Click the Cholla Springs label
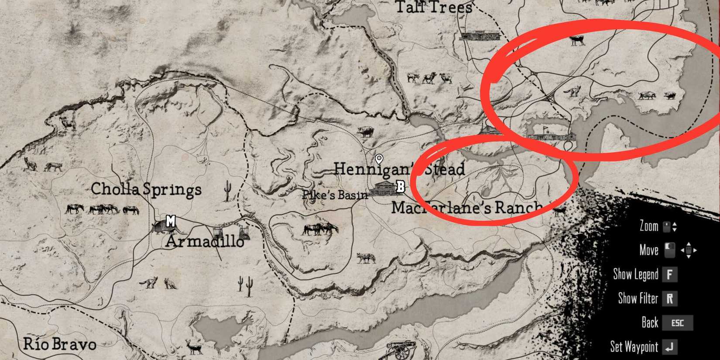click(x=146, y=189)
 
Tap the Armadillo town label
click(x=204, y=241)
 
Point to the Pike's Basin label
click(x=335, y=195)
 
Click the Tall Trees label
click(x=434, y=7)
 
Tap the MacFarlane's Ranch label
click(x=466, y=207)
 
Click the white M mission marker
click(x=171, y=221)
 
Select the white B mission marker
click(x=400, y=187)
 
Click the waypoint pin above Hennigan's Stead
click(x=379, y=159)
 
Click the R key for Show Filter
click(x=669, y=298)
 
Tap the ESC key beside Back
click(x=677, y=323)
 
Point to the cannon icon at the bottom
click(x=401, y=349)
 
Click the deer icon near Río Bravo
click(x=193, y=346)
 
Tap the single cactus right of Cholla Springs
click(x=227, y=191)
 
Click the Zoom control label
click(x=648, y=226)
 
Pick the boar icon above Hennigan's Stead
click(x=365, y=131)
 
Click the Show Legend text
click(x=635, y=274)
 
